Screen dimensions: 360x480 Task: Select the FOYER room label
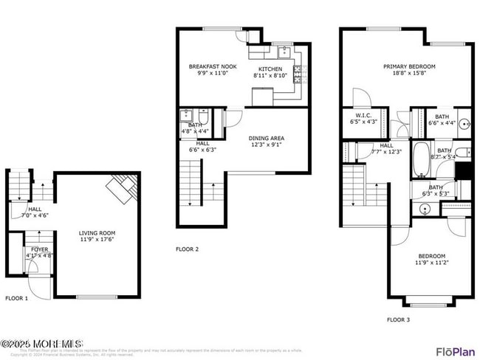(39, 250)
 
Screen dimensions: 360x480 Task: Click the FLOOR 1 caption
(16, 298)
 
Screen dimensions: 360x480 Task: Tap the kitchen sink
(282, 52)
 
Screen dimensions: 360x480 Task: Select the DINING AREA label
(267, 138)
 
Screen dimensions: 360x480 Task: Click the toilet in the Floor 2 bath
(203, 116)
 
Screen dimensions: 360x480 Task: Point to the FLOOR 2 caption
(187, 249)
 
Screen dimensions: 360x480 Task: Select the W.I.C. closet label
(363, 115)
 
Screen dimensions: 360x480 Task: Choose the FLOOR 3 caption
(399, 319)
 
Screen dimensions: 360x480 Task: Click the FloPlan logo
(455, 350)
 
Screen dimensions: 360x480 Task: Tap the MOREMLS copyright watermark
(42, 344)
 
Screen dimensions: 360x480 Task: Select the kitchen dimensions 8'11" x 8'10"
(270, 75)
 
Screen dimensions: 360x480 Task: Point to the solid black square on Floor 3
(464, 170)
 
